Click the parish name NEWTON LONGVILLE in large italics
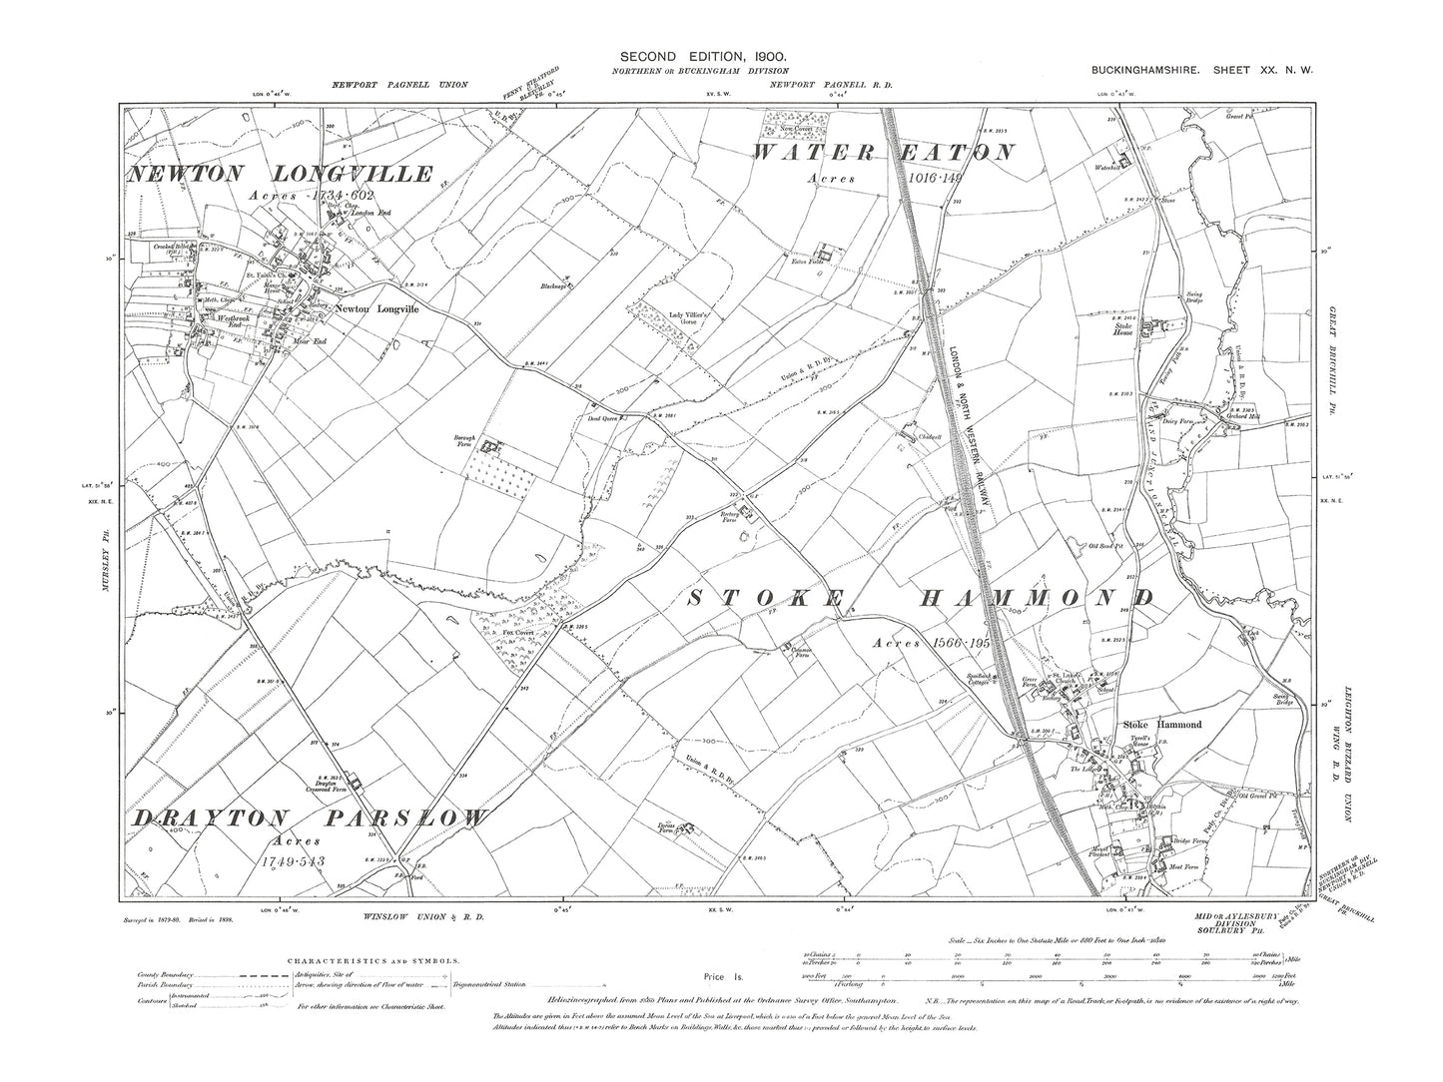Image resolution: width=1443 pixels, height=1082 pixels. (x=281, y=175)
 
